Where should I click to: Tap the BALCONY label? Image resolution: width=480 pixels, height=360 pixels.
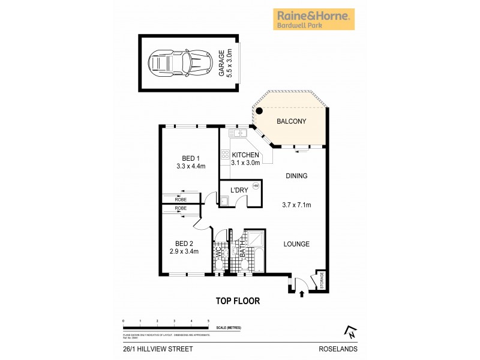tap(291, 121)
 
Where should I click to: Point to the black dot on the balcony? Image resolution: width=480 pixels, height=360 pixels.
tap(259, 110)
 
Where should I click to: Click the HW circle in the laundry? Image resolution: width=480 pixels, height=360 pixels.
tap(256, 186)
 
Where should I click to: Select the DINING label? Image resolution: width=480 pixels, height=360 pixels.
tap(297, 176)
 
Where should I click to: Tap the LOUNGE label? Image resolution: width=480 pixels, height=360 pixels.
tap(297, 244)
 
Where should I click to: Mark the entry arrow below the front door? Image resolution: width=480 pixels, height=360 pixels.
tap(301, 292)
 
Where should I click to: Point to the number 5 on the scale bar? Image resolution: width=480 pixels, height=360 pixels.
tap(208, 322)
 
